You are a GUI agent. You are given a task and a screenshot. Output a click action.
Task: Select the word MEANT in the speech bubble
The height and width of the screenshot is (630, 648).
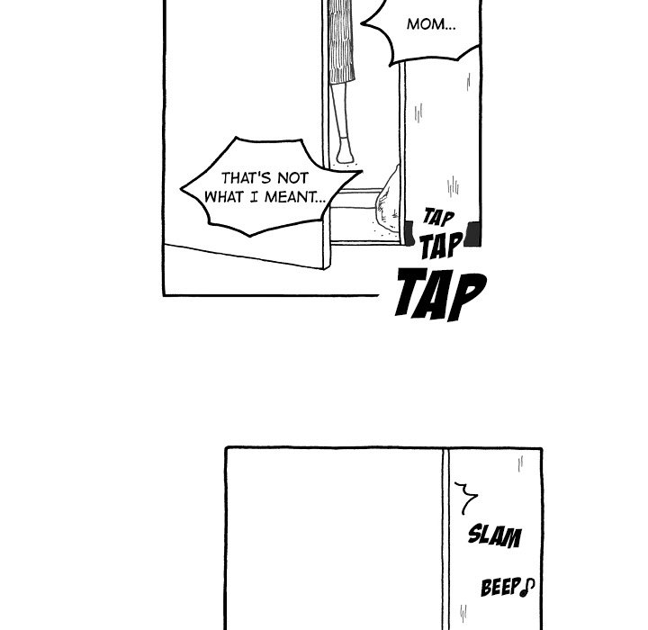coord(293,195)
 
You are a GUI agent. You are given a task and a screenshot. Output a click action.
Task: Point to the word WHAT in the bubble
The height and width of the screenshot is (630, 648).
coord(225,195)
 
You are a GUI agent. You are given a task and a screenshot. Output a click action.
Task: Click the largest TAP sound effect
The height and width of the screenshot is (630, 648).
coord(440,294)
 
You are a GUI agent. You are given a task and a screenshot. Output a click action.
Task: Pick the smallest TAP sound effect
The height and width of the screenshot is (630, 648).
coord(438,218)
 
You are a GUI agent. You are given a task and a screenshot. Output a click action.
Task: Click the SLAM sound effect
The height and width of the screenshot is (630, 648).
coord(494,536)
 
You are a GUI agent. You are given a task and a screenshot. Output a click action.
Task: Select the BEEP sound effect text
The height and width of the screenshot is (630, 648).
coord(500,589)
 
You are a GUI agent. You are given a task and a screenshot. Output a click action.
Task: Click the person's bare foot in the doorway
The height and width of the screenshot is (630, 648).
coord(344,154)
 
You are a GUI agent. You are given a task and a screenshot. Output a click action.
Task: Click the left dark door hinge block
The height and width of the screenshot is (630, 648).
coord(408,235)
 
